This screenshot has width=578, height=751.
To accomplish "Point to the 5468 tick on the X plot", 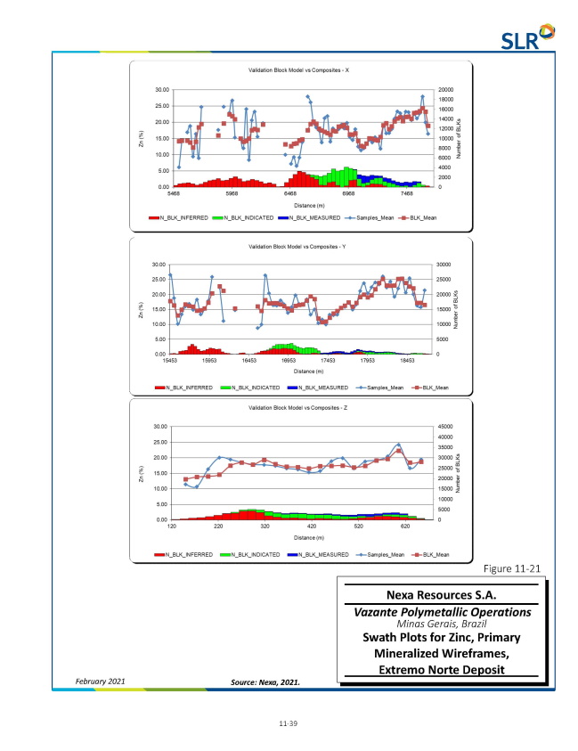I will click(173, 192).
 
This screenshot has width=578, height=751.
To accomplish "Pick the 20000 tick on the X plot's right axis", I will click(445, 89).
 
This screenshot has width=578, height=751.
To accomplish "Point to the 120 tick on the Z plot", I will click(172, 527).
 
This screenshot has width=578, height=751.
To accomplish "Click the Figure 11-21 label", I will click(511, 568).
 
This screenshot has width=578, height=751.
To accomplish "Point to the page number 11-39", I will click(289, 723).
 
